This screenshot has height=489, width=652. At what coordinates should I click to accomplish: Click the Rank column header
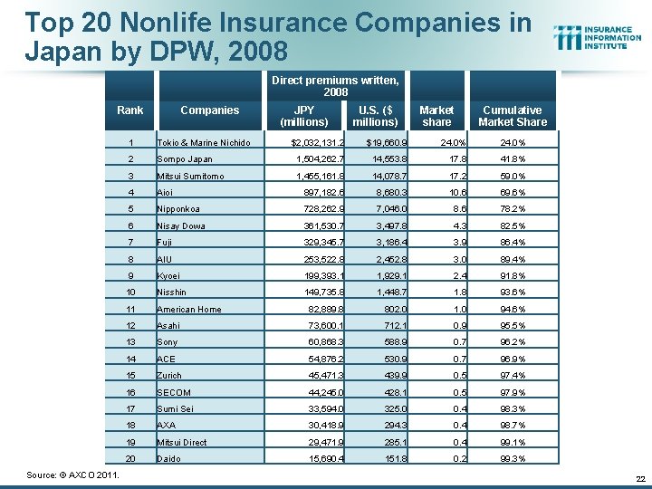point(130,110)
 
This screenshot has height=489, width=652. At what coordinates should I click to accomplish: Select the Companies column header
point(209,110)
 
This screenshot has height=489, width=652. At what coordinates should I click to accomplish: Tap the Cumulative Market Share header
point(513,116)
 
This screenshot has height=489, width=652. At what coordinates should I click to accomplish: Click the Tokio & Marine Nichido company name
point(204,142)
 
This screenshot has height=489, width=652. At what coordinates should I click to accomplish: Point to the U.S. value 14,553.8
point(388,159)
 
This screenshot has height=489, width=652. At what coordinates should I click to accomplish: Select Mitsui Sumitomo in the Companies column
point(190,176)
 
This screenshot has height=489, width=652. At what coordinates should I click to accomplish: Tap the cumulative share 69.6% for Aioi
point(513,193)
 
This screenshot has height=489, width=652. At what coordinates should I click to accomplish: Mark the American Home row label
point(189,310)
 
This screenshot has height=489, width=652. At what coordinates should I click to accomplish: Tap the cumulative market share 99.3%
point(513,459)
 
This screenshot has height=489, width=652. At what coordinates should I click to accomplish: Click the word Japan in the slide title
point(56,50)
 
